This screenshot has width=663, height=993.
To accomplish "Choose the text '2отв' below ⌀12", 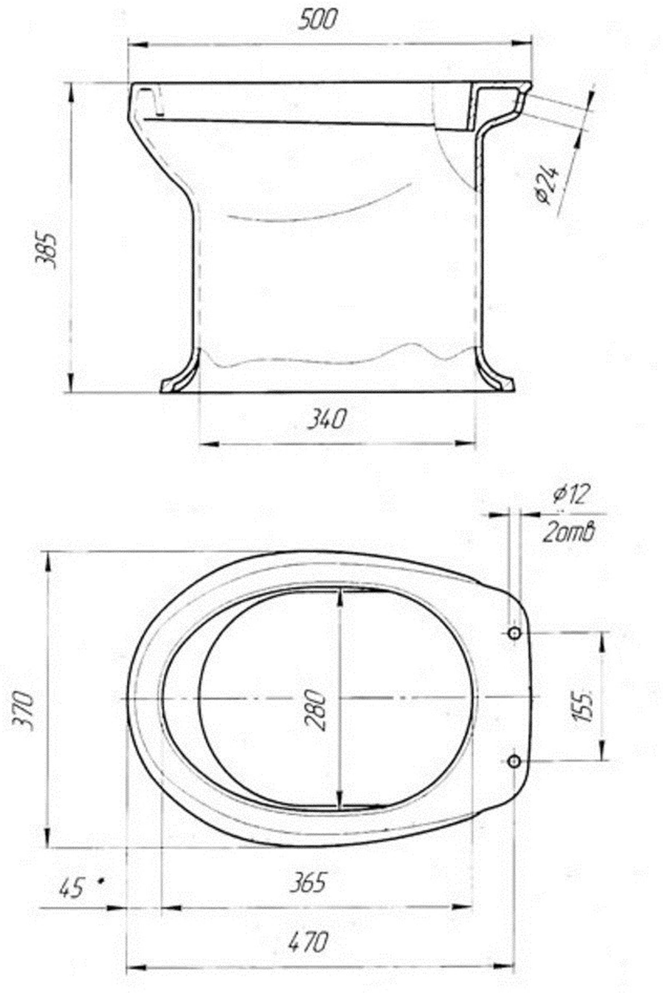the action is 569,533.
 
